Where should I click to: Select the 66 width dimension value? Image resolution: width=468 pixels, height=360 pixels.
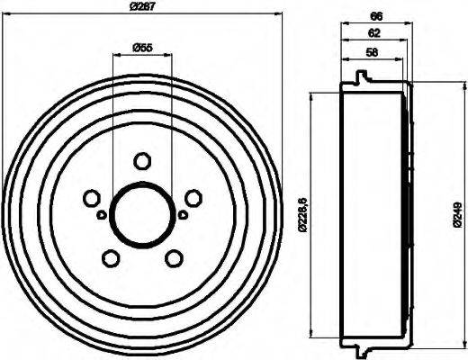click(376, 14)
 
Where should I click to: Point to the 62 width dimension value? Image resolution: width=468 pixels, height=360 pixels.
click(373, 33)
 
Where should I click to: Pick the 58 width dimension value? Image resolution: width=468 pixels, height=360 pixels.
click(372, 52)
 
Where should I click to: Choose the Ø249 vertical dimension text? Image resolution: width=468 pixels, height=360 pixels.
click(457, 213)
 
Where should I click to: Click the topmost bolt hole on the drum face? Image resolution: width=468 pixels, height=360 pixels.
click(141, 161)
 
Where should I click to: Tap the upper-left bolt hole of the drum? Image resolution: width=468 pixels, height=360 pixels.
click(90, 198)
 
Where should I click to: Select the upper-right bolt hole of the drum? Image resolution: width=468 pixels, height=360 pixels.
click(193, 198)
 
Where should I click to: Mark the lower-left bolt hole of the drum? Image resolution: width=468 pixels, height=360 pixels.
click(110, 258)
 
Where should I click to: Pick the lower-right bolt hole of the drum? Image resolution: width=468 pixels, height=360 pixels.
click(173, 258)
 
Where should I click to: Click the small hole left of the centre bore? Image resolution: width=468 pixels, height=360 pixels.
click(101, 214)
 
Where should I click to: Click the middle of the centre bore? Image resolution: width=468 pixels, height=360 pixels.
click(141, 215)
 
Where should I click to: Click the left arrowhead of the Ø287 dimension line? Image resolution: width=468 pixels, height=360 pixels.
click(5, 14)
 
